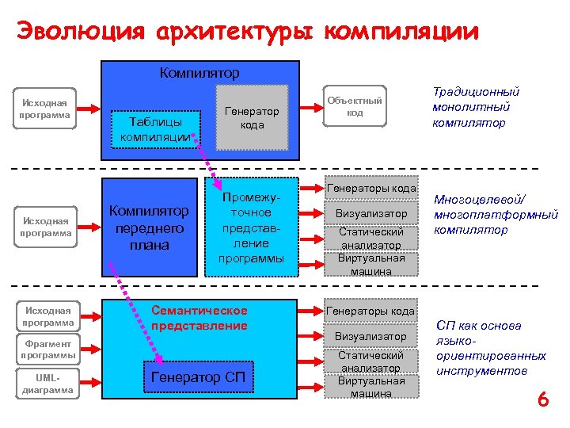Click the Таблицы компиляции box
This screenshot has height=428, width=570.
pos(155,129)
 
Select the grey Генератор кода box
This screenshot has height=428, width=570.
pos(253,117)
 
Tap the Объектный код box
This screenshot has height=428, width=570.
pos(355,106)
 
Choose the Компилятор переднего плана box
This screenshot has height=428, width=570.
pos(150,227)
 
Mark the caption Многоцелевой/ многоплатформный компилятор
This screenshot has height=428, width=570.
pos(495,215)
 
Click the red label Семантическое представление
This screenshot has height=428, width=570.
pos(199,318)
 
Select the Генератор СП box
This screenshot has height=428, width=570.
pos(199,376)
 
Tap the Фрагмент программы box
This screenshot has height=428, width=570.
pos(49,350)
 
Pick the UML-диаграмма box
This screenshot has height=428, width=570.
pos(49,383)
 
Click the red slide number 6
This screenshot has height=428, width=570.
pos(543,400)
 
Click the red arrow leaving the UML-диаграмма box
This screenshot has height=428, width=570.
pos(92,383)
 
